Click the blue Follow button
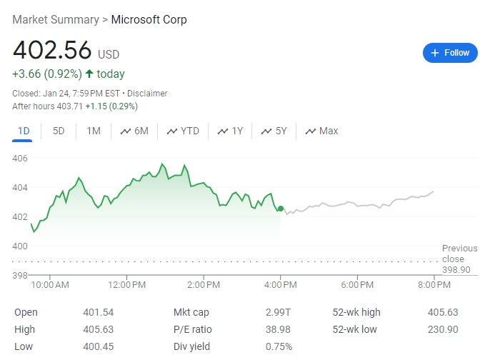point(450,53)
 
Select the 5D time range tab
point(59,131)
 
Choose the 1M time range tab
point(94,131)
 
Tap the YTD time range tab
point(183,131)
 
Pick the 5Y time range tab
point(274,131)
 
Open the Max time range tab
point(321,131)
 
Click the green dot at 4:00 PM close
point(280,209)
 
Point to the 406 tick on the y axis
point(20,158)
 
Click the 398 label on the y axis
point(20,275)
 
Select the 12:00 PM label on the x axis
point(127,285)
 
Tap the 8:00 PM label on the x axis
point(434,285)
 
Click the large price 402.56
point(52,51)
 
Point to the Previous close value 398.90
point(456,270)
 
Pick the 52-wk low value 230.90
point(443,329)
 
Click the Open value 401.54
point(99,312)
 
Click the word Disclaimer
point(147,94)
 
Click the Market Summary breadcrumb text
point(56,19)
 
